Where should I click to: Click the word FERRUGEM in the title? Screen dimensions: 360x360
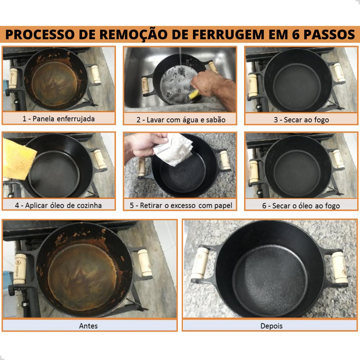(x=228, y=35)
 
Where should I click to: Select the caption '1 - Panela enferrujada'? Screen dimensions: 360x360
(x=59, y=119)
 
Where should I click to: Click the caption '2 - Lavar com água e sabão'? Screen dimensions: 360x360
(x=181, y=120)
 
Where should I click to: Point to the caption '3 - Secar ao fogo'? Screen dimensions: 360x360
(x=301, y=120)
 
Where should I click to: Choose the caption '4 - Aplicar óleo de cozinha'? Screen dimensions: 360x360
(x=58, y=205)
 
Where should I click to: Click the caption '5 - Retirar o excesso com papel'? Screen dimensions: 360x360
(x=181, y=205)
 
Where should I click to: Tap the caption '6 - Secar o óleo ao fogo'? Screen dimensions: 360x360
(x=301, y=206)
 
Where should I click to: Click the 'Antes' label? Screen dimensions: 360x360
(x=89, y=326)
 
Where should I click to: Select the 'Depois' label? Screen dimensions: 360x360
(x=271, y=326)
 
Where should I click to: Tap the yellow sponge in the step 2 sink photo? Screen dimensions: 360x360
(x=194, y=94)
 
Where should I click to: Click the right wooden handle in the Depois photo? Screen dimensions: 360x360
(x=339, y=267)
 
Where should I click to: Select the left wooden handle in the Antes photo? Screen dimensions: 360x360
(x=20, y=269)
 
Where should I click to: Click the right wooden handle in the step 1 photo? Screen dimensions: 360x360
(x=96, y=74)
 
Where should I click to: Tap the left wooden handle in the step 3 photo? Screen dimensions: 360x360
(x=253, y=85)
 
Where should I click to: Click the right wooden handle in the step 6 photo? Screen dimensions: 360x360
(x=339, y=158)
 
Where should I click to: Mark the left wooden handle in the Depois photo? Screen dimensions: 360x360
(x=200, y=263)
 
